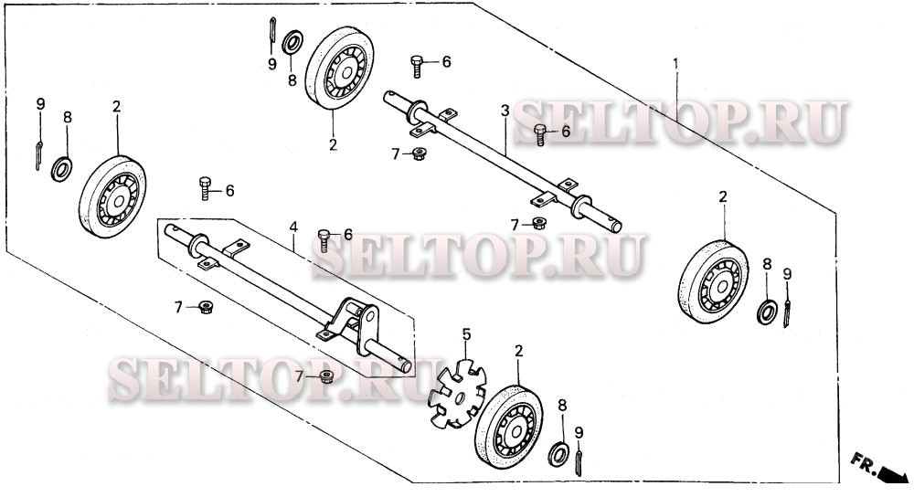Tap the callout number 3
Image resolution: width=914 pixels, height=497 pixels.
point(505,111)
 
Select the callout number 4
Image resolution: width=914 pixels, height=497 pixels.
point(293,226)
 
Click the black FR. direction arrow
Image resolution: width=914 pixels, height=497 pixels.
point(889,472)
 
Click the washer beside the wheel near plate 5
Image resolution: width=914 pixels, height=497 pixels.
point(556,453)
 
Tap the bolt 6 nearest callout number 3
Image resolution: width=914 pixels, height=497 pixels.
point(541,133)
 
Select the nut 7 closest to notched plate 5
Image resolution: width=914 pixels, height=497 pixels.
point(326,376)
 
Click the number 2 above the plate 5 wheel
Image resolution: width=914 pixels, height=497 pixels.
point(518,352)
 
